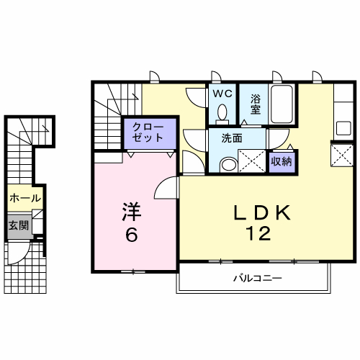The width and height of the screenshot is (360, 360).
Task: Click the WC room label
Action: (x=222, y=94)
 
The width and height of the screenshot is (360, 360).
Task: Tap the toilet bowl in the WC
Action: (x=222, y=112)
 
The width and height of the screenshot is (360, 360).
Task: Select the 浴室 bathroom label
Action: (x=256, y=104)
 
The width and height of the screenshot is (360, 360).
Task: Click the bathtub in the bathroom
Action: (x=282, y=104)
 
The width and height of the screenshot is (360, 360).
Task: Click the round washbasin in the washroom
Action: (x=229, y=165)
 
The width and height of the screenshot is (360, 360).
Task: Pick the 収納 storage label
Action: (x=282, y=161)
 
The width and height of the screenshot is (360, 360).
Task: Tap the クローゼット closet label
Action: (x=148, y=132)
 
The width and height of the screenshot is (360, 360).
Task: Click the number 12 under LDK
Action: (x=258, y=233)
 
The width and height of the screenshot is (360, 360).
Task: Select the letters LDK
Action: (x=262, y=212)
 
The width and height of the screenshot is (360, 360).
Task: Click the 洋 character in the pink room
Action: (x=132, y=212)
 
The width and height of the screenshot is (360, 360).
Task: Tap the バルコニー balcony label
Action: (x=258, y=279)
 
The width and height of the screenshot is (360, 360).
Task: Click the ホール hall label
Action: (x=25, y=198)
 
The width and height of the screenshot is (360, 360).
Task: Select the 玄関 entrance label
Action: (x=18, y=225)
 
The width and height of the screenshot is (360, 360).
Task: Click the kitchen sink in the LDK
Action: (x=343, y=128)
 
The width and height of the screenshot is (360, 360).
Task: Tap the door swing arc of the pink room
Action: (x=160, y=184)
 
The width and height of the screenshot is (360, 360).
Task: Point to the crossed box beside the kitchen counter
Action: (x=342, y=155)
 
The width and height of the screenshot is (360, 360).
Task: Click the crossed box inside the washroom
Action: (x=252, y=161)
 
